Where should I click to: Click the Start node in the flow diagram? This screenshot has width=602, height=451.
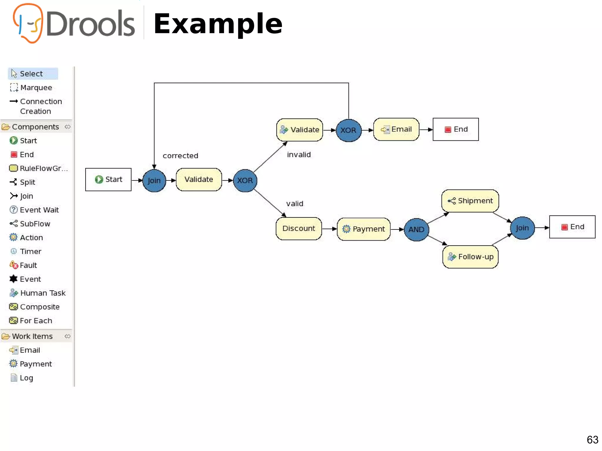(108, 180)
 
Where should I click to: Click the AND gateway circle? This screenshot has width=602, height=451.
(416, 229)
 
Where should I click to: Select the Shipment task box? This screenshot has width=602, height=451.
(470, 201)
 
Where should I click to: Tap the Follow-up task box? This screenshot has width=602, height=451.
(470, 257)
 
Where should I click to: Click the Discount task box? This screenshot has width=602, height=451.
(299, 229)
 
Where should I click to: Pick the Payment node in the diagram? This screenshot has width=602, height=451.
(364, 229)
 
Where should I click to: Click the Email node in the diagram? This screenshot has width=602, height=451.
(396, 129)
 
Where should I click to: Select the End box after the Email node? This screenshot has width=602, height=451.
(456, 129)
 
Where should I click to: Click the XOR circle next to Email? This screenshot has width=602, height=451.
(348, 130)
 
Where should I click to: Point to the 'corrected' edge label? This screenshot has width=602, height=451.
(180, 156)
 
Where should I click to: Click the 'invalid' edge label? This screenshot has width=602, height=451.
(299, 155)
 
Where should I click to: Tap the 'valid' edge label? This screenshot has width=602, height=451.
(295, 204)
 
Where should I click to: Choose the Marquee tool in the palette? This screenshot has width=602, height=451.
(36, 88)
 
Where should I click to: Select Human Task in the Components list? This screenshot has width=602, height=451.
(43, 293)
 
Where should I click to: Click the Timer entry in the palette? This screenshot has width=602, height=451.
(30, 252)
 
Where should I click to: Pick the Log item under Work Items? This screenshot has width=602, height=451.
(26, 378)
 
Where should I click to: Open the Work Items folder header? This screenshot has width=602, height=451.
(32, 336)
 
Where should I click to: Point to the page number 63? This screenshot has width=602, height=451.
(592, 440)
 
